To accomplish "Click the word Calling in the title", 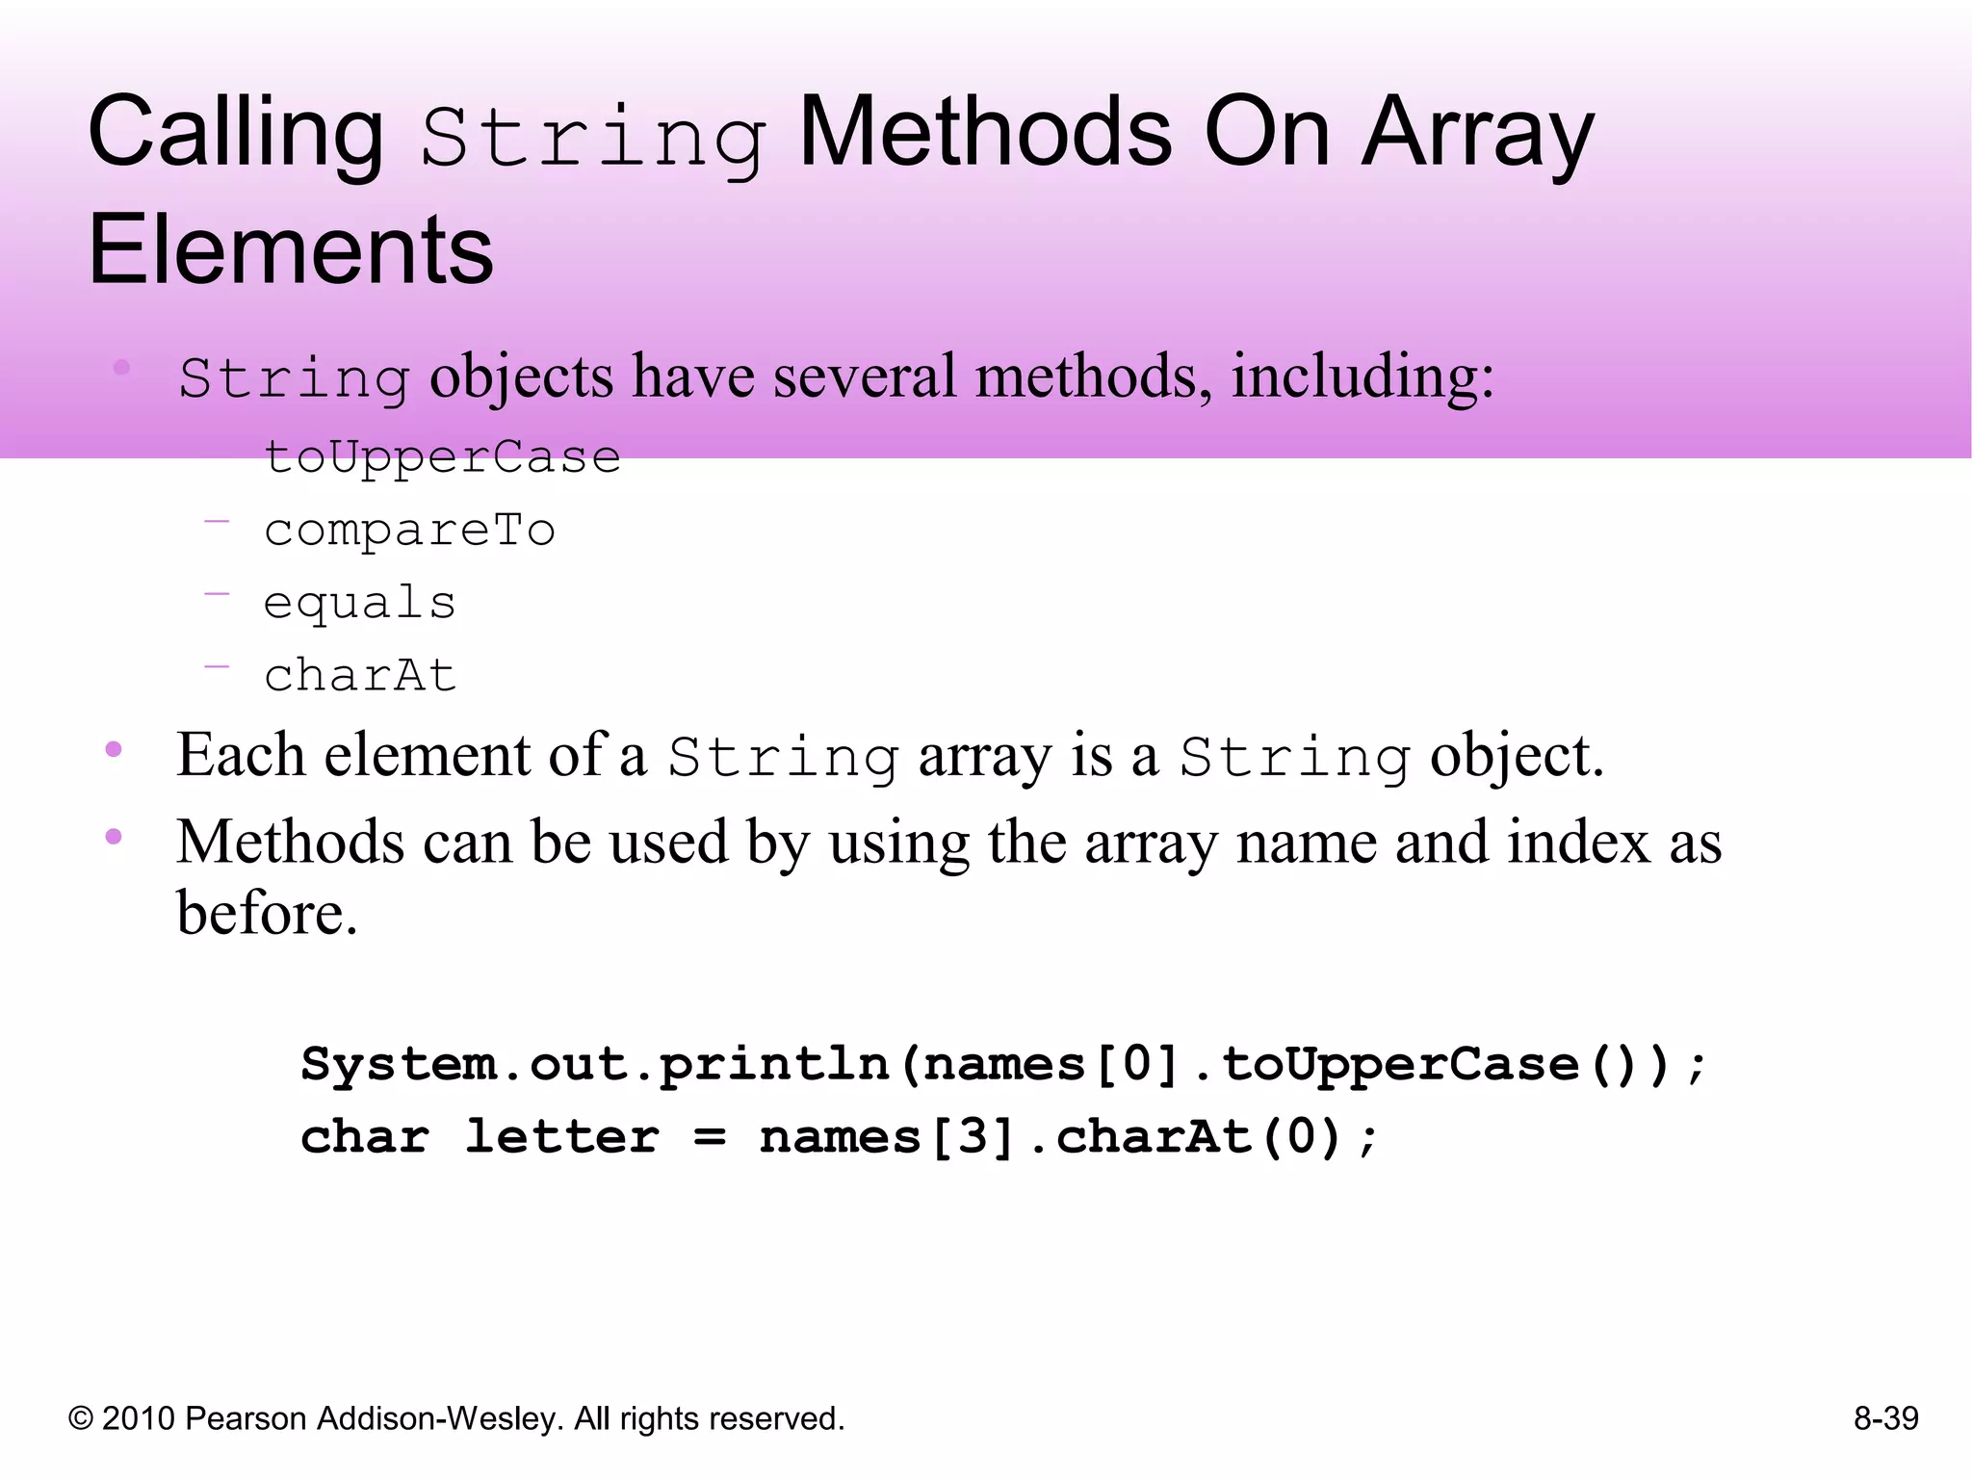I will [235, 135].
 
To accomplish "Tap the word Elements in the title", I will [290, 250].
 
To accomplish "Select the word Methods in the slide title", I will [985, 133].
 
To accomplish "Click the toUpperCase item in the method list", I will [442, 457].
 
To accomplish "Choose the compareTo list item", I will [409, 531].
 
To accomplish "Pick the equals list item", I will [359, 604].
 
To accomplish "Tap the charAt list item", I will [359, 675].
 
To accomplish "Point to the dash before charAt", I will [217, 665].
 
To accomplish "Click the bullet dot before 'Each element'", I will [114, 749].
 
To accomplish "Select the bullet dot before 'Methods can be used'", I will [114, 836].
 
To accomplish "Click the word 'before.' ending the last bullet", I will [267, 913].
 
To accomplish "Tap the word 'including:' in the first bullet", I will [1362, 376].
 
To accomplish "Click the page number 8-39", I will [1885, 1418].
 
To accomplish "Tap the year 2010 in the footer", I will [138, 1418].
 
